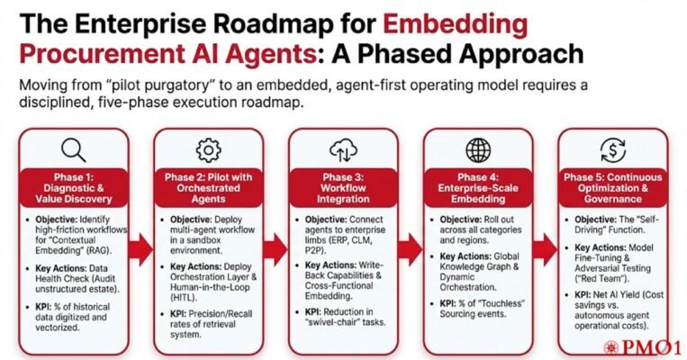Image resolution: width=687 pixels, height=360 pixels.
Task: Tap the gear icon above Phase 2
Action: click(x=207, y=149)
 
